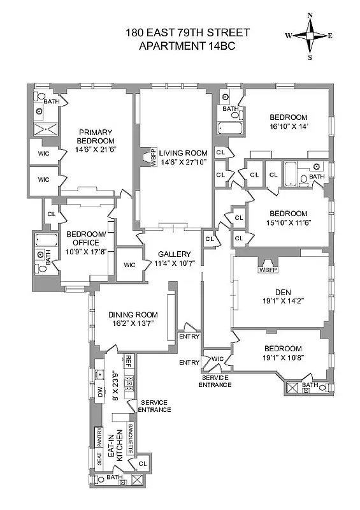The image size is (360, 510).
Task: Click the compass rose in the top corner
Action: (x=310, y=36)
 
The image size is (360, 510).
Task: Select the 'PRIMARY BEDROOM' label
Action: (x=95, y=136)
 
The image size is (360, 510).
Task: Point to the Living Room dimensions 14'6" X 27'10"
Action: (x=175, y=163)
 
